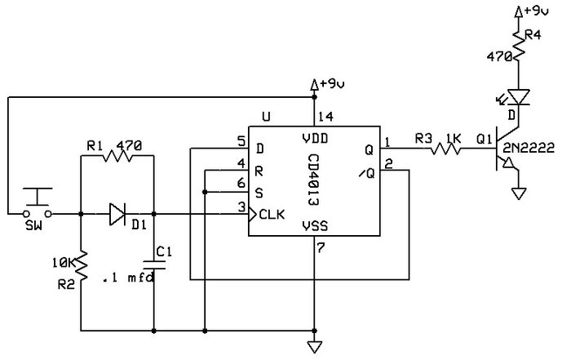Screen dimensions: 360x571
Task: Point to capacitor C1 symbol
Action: (153, 262)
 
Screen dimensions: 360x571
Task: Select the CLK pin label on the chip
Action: (271, 216)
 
